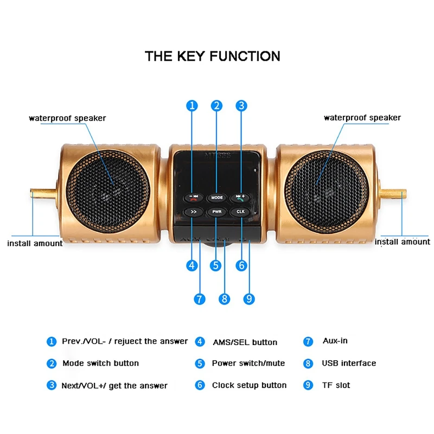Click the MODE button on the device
pos(217,197)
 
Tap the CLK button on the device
pos(240,212)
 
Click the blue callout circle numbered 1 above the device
pos(192,106)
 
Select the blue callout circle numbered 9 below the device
pos(250,298)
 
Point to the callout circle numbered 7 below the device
pos(200,298)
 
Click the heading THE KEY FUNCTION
pos(213,56)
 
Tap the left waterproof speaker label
pos(67,118)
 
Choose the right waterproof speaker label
pos(362,118)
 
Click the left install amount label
pos(35,243)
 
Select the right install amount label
pos(402,241)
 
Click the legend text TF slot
pos(336,385)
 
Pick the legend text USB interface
pos(349,363)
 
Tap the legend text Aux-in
pos(335,341)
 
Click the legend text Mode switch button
pos(100,363)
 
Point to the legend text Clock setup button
pos(249,385)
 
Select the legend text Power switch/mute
pos(248,363)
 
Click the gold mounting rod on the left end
pos(43,193)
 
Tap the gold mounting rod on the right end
pos(393,194)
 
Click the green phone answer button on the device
pos(240,197)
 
